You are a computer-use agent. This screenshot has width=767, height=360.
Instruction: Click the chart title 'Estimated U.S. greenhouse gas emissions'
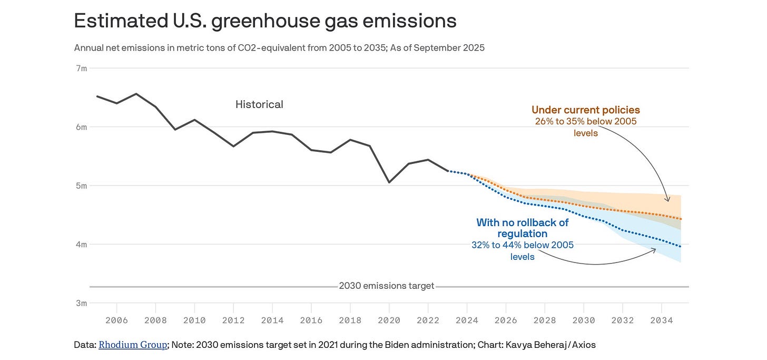click(x=265, y=21)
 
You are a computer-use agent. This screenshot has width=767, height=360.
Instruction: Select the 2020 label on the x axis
click(x=389, y=320)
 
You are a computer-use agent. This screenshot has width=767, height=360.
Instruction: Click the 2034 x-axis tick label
click(x=661, y=320)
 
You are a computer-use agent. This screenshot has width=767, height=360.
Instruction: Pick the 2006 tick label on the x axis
click(x=116, y=320)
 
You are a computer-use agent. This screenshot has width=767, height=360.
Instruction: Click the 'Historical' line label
click(x=259, y=104)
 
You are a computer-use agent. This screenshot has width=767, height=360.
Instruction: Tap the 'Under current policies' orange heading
click(x=585, y=110)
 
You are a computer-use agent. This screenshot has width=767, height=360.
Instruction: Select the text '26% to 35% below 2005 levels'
click(x=585, y=127)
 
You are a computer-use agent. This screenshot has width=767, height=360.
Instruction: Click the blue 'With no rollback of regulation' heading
click(x=522, y=228)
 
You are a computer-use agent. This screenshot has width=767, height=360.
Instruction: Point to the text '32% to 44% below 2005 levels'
click(x=522, y=251)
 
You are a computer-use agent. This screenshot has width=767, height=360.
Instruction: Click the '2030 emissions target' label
click(x=387, y=286)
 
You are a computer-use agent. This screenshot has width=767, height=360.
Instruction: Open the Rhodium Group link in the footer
click(x=133, y=345)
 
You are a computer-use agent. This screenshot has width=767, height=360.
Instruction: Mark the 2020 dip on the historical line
click(x=389, y=182)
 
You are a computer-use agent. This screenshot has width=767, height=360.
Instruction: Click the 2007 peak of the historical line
click(x=136, y=94)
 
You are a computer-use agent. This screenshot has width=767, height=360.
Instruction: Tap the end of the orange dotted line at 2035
click(x=681, y=219)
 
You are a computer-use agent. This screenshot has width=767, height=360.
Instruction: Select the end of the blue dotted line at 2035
click(x=681, y=247)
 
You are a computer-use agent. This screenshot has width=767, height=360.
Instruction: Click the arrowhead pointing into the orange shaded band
click(x=668, y=200)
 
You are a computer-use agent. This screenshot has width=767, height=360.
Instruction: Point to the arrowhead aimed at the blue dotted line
click(x=655, y=249)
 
